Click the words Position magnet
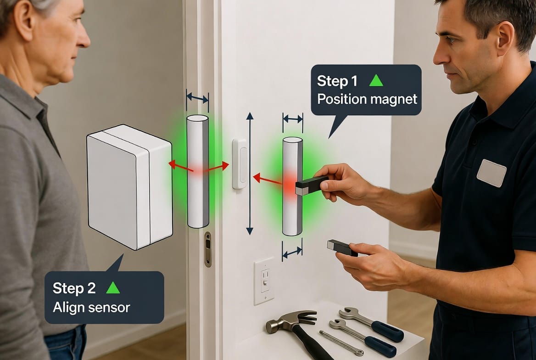click(x=367, y=99)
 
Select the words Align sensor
click(x=91, y=307)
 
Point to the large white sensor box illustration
click(x=129, y=187)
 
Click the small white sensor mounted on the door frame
click(x=240, y=164)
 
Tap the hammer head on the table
click(x=290, y=321)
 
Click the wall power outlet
click(x=264, y=281)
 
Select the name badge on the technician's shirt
click(x=491, y=173)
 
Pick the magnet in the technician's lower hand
click(x=342, y=247)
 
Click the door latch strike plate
click(x=208, y=249)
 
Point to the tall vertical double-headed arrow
click(x=250, y=173)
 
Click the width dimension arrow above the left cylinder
click(x=197, y=99)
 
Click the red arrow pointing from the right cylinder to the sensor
click(x=268, y=180)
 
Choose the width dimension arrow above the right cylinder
click(x=293, y=119)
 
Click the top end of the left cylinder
click(x=198, y=118)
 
